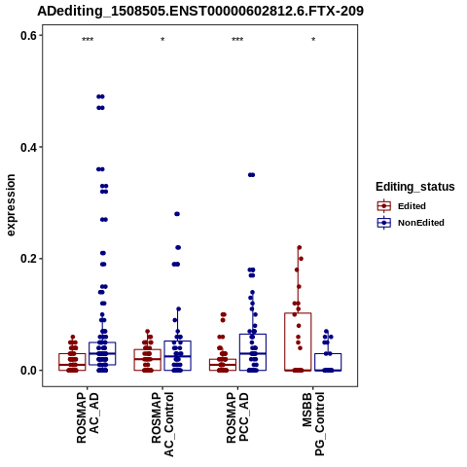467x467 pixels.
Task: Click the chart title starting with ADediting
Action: point(200,12)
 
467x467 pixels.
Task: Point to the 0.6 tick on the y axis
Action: point(41,35)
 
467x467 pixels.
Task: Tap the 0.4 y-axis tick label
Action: point(28,148)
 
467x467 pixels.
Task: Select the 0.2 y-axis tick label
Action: point(28,259)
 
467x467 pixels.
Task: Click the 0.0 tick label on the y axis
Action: point(28,371)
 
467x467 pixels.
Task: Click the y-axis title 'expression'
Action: point(11,205)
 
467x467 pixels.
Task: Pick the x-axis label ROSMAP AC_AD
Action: point(88,417)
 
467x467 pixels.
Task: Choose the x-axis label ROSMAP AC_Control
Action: point(162,424)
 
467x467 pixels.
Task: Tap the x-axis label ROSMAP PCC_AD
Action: point(237,417)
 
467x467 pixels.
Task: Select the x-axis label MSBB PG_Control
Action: point(313,424)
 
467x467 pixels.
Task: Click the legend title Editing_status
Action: point(415,187)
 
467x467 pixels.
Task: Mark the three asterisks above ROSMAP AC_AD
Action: point(88,40)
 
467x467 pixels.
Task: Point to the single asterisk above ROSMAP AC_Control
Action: point(162,40)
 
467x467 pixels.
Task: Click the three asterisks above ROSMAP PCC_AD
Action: point(237,40)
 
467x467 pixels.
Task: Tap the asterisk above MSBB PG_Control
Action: point(313,40)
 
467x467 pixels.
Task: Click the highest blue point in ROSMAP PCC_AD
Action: point(252,175)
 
